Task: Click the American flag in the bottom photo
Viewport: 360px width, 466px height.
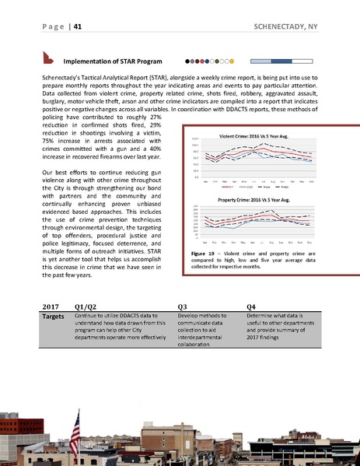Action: point(76,426)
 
